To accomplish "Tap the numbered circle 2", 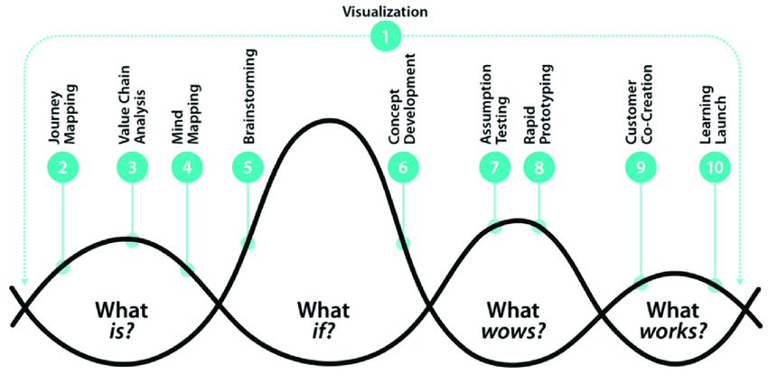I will (x=62, y=166).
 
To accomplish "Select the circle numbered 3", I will (x=132, y=166).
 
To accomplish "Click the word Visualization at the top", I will (x=384, y=12).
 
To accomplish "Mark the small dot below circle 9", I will (x=642, y=282).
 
